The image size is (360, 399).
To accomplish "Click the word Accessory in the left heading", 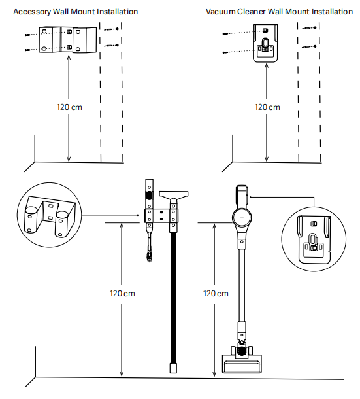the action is (x=32, y=12).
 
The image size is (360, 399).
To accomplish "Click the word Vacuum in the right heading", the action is (x=220, y=12).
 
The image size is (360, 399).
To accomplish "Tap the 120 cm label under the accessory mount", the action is (x=69, y=107).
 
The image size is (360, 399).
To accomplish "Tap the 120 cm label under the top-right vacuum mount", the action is (x=267, y=107).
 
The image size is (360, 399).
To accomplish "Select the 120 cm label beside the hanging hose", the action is (x=122, y=294).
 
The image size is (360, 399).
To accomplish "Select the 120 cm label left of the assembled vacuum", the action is (x=216, y=294).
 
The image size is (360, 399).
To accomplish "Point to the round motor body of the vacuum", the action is (x=242, y=218).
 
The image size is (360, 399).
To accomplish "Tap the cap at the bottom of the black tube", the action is (x=173, y=368).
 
